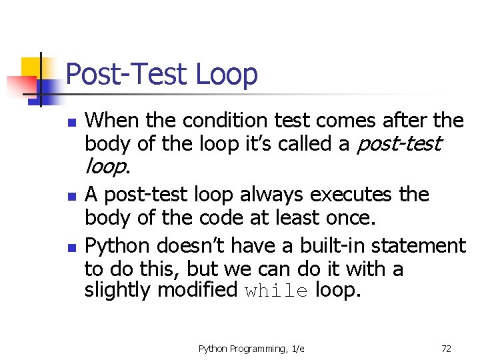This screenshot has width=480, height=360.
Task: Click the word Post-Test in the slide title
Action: click(x=127, y=74)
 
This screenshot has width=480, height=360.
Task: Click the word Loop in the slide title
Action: click(x=227, y=75)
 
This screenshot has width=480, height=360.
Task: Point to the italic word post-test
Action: click(x=399, y=144)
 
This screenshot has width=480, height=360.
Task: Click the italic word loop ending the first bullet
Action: click(x=105, y=167)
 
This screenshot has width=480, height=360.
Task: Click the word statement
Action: click(x=423, y=246)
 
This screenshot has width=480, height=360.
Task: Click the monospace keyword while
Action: click(x=276, y=291)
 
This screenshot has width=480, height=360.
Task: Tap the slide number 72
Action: click(x=446, y=349)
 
